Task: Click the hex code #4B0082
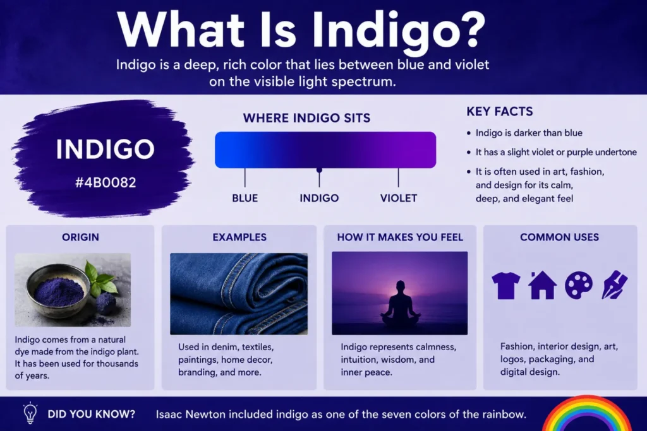click(106, 182)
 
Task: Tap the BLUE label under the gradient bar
click(245, 198)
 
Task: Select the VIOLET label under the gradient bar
click(399, 198)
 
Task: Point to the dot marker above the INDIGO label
click(319, 170)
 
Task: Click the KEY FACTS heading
click(500, 112)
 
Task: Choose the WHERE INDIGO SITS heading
click(306, 118)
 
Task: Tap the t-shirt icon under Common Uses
click(506, 285)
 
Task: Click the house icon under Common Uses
click(542, 285)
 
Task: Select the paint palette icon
click(579, 285)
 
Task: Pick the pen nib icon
click(614, 285)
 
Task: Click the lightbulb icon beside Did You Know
click(30, 413)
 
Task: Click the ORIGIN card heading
click(80, 237)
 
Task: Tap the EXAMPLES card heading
click(239, 237)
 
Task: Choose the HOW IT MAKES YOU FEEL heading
click(400, 237)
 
